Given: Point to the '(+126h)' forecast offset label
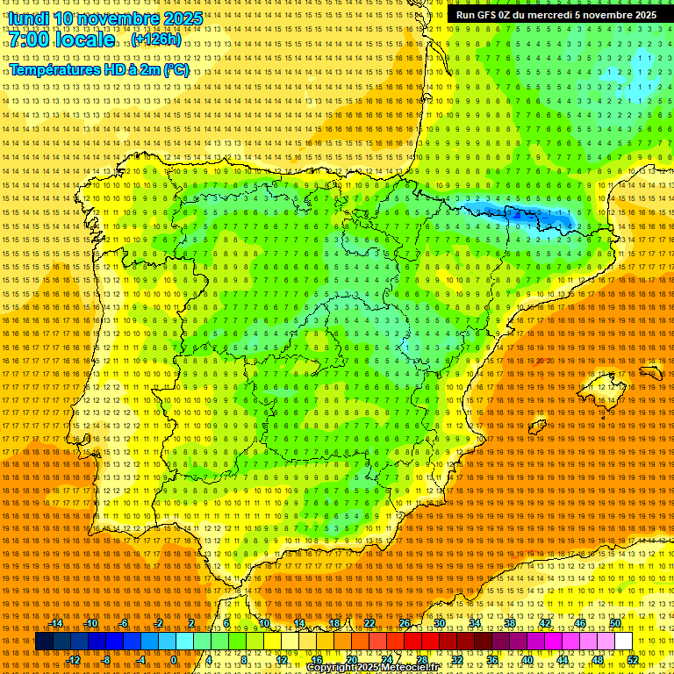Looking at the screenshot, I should [157, 39].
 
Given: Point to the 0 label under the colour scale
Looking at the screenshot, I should [174, 660].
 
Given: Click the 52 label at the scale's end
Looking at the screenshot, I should [633, 660].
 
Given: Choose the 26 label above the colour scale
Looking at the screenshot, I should [404, 623].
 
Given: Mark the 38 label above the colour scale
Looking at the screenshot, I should [509, 623].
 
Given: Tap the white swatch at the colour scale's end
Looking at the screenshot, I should [623, 642].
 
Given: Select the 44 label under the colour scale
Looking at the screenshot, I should [562, 660].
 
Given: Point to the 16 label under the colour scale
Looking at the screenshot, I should [317, 660].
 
